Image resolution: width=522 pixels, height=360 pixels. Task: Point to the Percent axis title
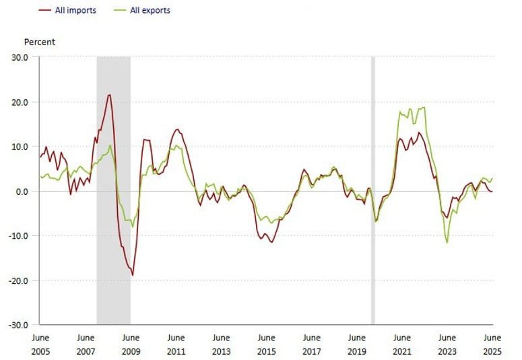(x=40, y=42)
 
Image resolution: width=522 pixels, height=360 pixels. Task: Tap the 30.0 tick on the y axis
(x=19, y=57)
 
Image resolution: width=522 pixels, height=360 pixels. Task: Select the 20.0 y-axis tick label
(x=19, y=102)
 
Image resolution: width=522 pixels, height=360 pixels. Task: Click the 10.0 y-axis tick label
(x=19, y=146)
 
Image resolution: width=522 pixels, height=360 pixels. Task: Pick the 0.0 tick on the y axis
(x=22, y=191)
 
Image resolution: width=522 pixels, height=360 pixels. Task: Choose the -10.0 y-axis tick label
(x=18, y=235)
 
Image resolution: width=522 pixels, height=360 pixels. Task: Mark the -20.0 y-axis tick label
(x=18, y=280)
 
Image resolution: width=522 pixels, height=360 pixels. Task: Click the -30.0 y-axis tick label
(x=18, y=324)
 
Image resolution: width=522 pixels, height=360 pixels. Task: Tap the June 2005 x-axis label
(x=40, y=344)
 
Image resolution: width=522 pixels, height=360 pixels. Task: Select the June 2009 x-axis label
(x=131, y=344)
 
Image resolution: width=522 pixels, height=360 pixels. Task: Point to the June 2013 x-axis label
(x=221, y=344)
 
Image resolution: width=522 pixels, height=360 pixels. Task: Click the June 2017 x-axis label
(x=311, y=344)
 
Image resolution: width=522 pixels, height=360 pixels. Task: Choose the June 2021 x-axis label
(x=402, y=344)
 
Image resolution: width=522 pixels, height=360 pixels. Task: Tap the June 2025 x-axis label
(x=492, y=344)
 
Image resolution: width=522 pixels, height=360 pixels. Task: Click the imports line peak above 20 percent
(x=109, y=95)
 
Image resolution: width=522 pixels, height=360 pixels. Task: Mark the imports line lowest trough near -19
(x=133, y=275)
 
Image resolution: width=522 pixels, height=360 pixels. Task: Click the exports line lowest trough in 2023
(x=447, y=243)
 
